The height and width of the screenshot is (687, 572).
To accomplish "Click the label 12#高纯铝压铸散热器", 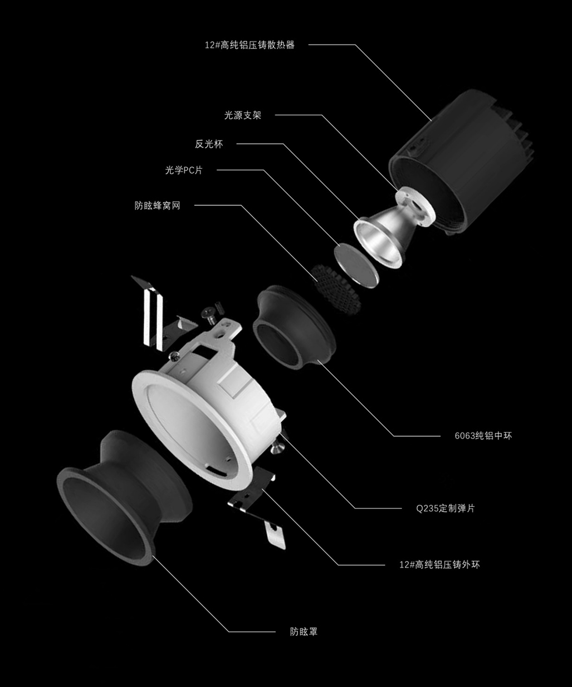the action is pyautogui.click(x=250, y=45).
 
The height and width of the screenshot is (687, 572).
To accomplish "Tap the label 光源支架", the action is pyautogui.click(x=243, y=115).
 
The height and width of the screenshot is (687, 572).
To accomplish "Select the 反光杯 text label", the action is pyautogui.click(x=209, y=144).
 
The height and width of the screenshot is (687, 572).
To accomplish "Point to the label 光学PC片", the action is pyautogui.click(x=184, y=170).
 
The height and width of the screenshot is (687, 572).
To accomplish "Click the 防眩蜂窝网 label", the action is pyautogui.click(x=158, y=206).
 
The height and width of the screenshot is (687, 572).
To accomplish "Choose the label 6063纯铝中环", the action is pyautogui.click(x=483, y=436).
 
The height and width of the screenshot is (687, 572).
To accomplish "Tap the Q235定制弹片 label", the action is pyautogui.click(x=446, y=508).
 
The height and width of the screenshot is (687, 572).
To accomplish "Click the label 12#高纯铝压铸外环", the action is pyautogui.click(x=440, y=565).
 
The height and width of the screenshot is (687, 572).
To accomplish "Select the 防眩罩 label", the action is pyautogui.click(x=304, y=632).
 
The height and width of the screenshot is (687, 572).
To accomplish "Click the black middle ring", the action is pyautogui.click(x=295, y=327).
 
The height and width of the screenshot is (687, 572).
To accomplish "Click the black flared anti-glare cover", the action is pyautogui.click(x=125, y=498).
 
